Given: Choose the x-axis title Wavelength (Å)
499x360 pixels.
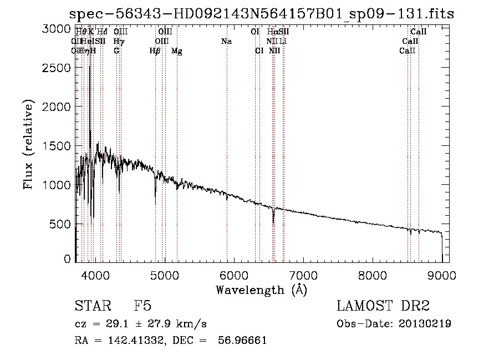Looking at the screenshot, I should [x=261, y=290].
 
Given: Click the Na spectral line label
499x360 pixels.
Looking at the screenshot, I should [x=226, y=42].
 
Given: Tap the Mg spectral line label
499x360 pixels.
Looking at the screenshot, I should [x=177, y=51].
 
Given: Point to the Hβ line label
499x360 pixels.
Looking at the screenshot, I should [x=155, y=51].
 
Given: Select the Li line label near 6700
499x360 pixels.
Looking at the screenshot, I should [x=283, y=42].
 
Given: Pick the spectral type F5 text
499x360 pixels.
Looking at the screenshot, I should [x=142, y=307].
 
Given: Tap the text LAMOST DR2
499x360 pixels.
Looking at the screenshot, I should [x=383, y=307].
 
